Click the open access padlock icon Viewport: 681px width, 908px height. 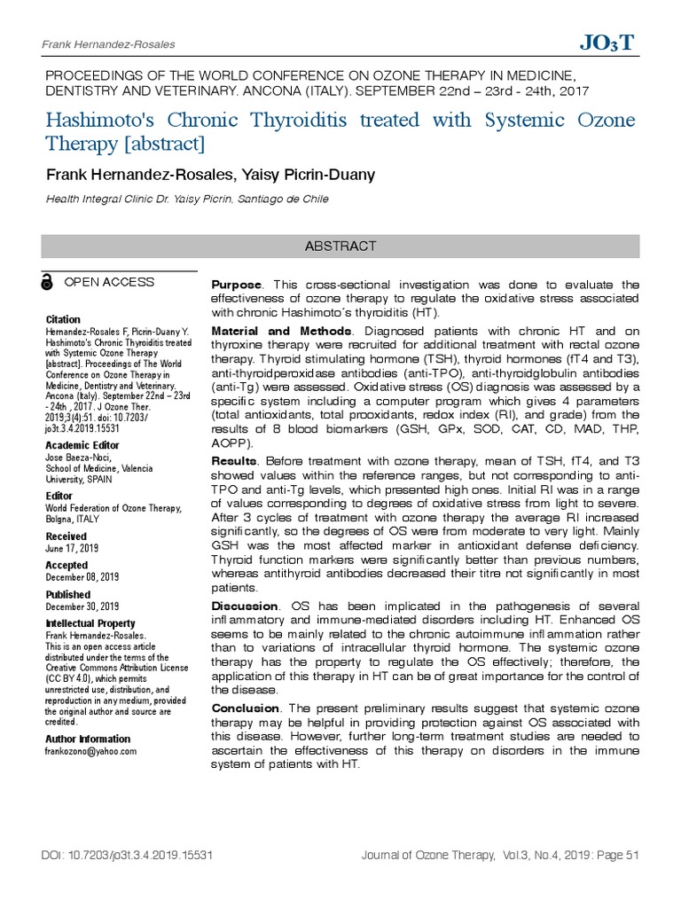tap(47, 283)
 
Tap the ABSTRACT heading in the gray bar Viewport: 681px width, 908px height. tap(340, 246)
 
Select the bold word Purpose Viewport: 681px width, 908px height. tap(236, 285)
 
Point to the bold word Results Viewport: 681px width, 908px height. tap(234, 462)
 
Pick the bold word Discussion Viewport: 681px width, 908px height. tap(244, 606)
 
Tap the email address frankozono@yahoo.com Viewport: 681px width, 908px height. tap(91, 751)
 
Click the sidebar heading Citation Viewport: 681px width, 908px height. tap(63, 319)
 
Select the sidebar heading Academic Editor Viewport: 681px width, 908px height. tap(82, 445)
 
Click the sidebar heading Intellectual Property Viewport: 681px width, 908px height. tap(90, 623)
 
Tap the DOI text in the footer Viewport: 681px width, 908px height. tap(127, 856)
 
